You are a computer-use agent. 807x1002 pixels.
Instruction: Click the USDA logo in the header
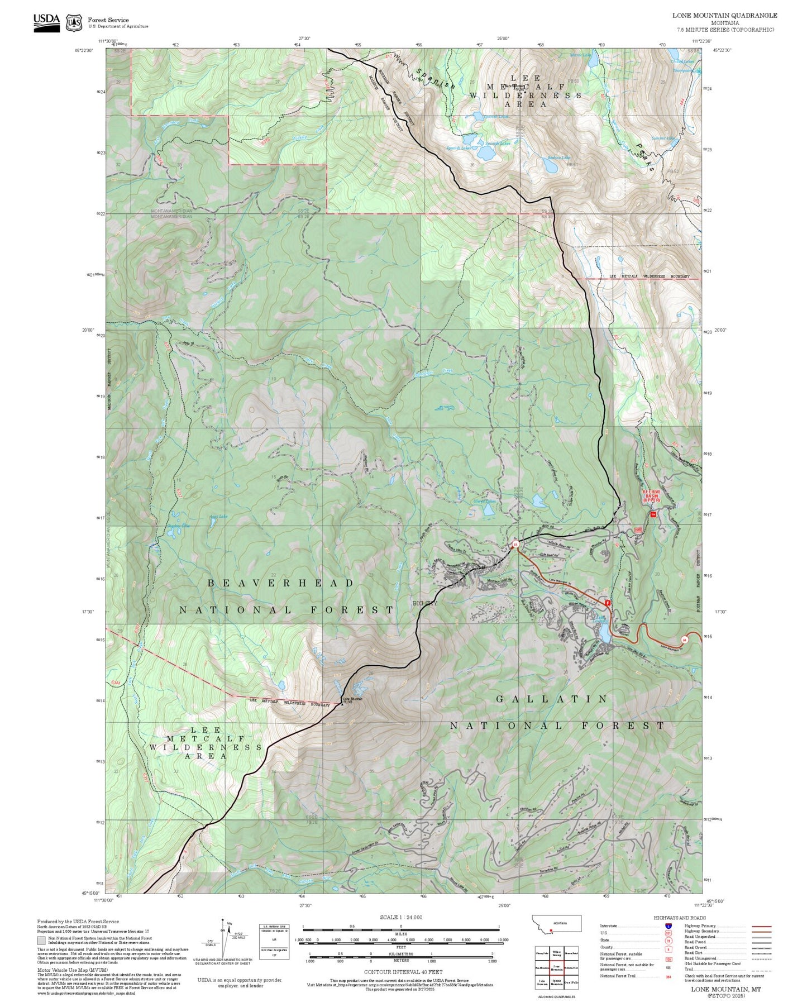[x=46, y=22]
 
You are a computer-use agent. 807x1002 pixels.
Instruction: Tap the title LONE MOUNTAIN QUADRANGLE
[x=724, y=15]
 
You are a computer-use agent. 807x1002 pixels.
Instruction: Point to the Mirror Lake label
[x=579, y=55]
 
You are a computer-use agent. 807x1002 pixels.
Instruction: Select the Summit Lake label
[x=663, y=138]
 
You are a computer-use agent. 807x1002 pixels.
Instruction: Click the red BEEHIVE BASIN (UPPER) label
[x=651, y=496]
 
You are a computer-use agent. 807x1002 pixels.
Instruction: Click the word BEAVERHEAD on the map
[x=281, y=583]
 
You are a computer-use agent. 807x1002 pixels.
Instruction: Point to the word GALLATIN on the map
[x=552, y=699]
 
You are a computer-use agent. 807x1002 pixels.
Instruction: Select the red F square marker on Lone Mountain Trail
[x=607, y=603]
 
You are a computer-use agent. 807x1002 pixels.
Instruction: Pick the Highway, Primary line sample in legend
[x=761, y=926]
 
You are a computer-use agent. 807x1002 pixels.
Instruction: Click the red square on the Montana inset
[x=551, y=931]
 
